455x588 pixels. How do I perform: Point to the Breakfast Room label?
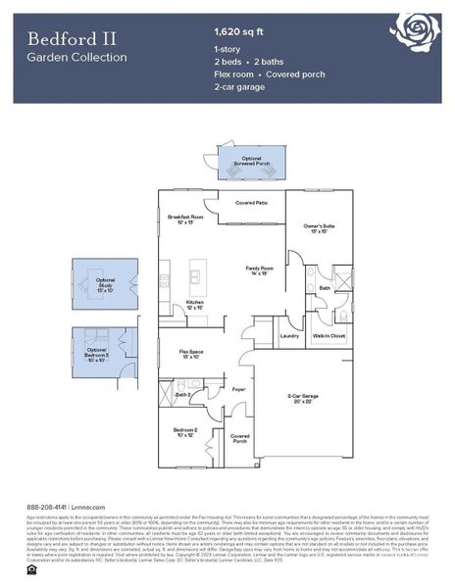pos(184,218)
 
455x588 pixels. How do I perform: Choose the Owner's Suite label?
pos(311,227)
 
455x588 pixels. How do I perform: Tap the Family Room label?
pos(259,269)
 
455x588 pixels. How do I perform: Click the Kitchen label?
pos(195,304)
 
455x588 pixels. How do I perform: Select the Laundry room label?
pos(289,336)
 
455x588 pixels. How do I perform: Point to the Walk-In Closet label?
pos(329,336)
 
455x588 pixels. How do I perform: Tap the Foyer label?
pos(238,389)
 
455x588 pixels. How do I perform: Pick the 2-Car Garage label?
pos(305,398)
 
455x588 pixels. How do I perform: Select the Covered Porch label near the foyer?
pos(239,438)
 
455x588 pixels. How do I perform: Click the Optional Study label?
pos(106,286)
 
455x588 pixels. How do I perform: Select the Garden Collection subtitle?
pos(76,57)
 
